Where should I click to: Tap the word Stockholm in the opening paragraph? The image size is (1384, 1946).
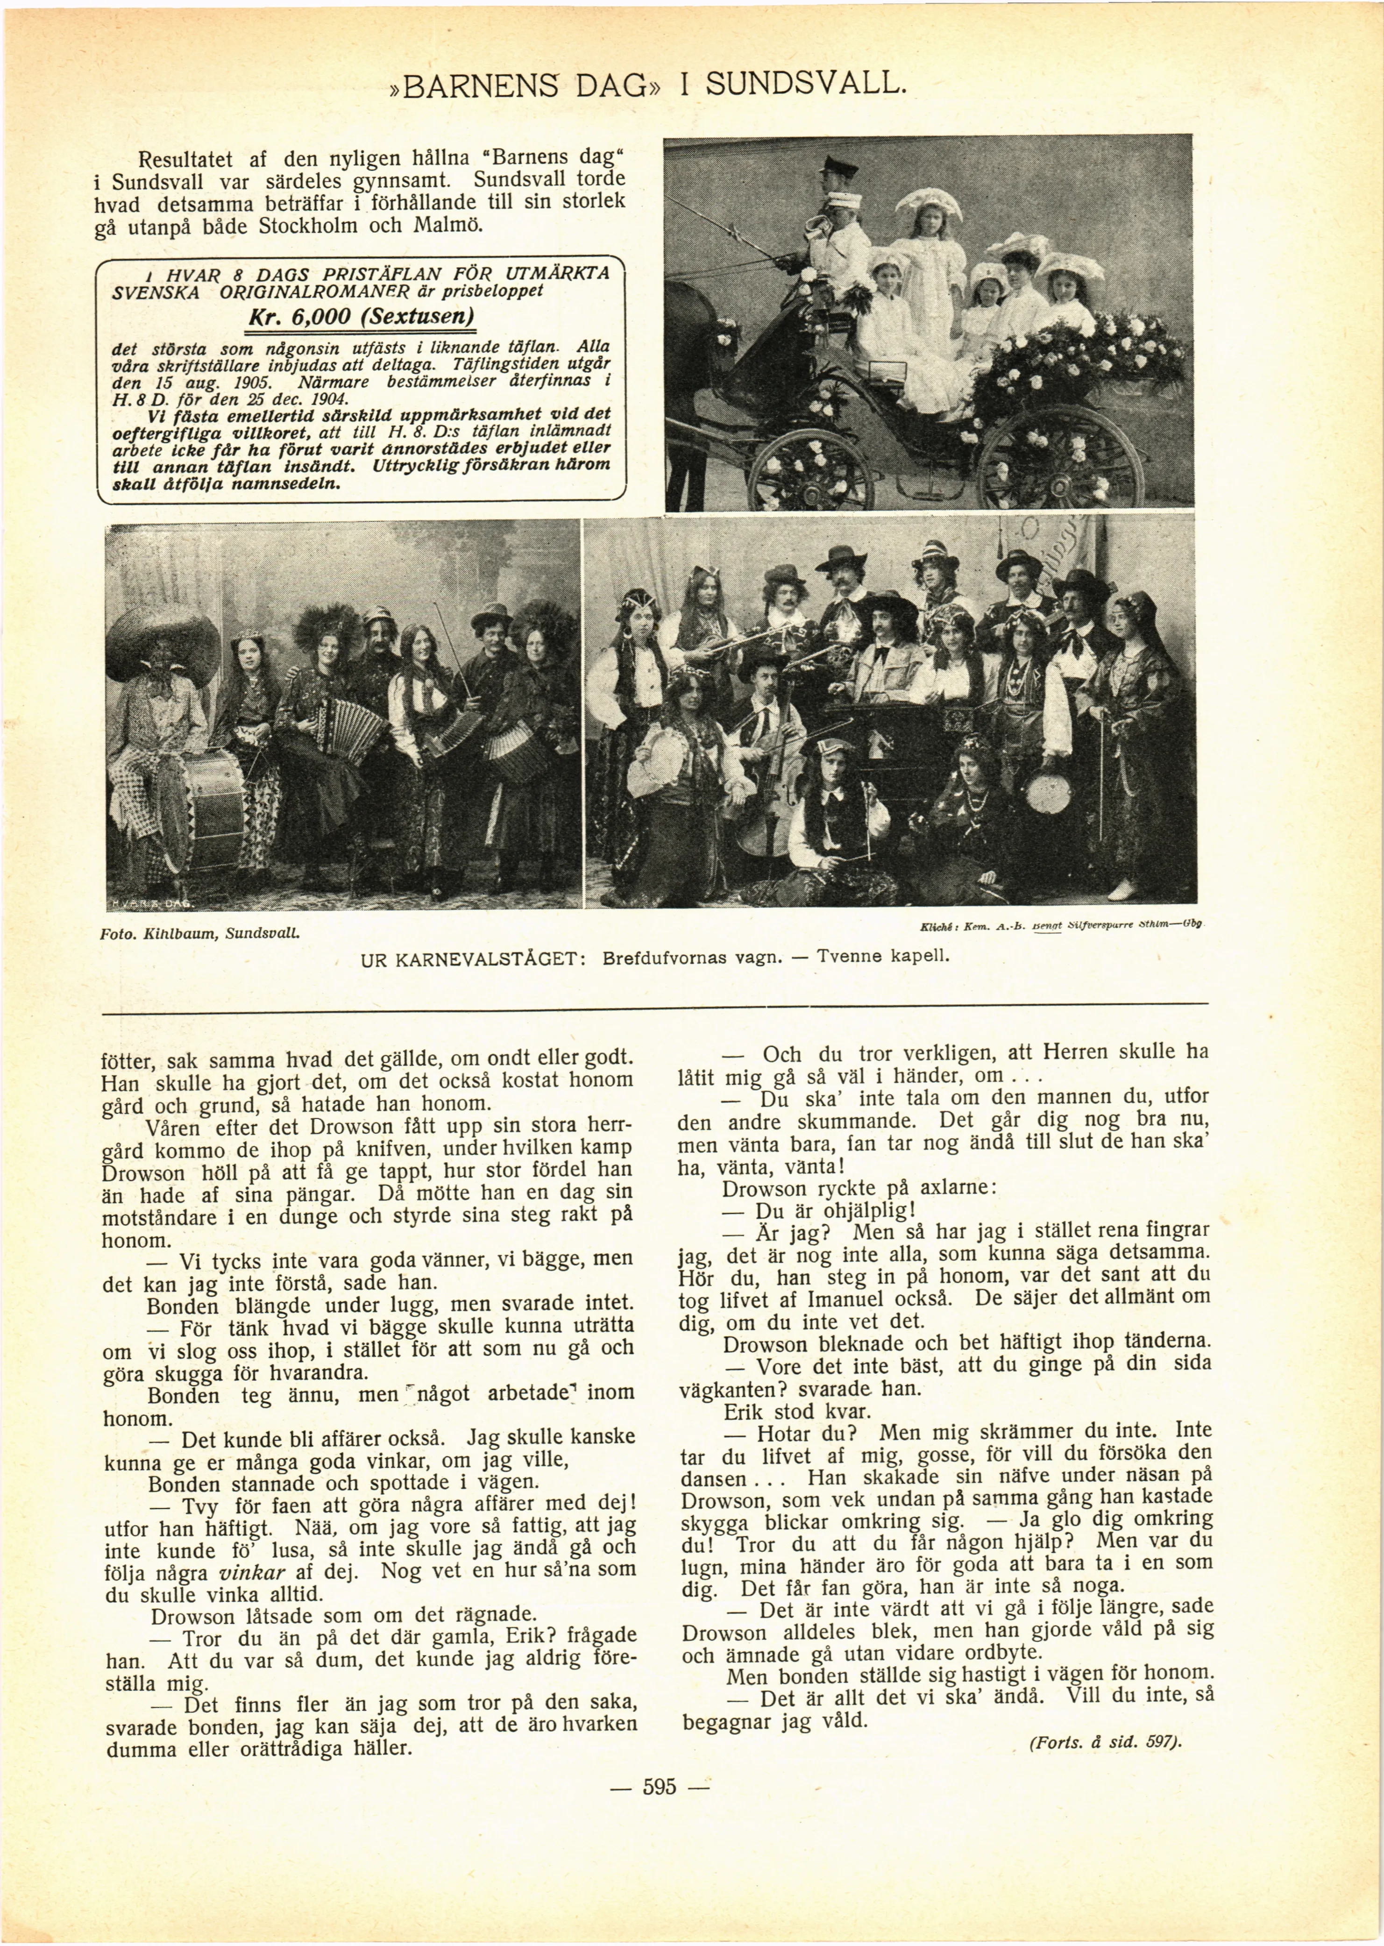point(308,227)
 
